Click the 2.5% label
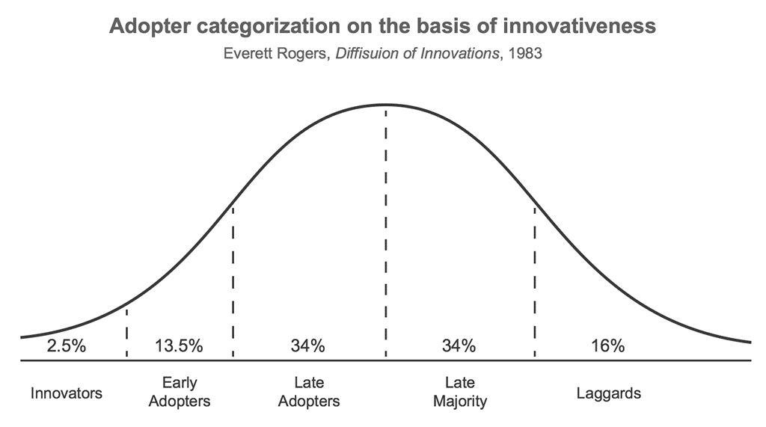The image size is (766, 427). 67,346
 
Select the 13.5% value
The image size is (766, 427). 179,346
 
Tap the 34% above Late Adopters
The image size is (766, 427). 307,346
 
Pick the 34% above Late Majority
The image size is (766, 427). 459,346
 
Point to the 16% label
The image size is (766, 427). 607,346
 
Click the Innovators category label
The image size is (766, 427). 67,393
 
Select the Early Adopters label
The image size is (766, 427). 180,392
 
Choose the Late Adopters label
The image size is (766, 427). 309,392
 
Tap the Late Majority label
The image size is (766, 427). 460,392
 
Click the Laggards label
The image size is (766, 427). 609,393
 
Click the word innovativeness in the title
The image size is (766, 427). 580,26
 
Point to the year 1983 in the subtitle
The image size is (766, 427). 525,53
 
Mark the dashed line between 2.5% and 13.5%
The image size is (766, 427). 126,332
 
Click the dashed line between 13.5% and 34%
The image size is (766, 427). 233,282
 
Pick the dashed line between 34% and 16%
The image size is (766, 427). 534,282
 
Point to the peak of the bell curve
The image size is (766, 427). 386,105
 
